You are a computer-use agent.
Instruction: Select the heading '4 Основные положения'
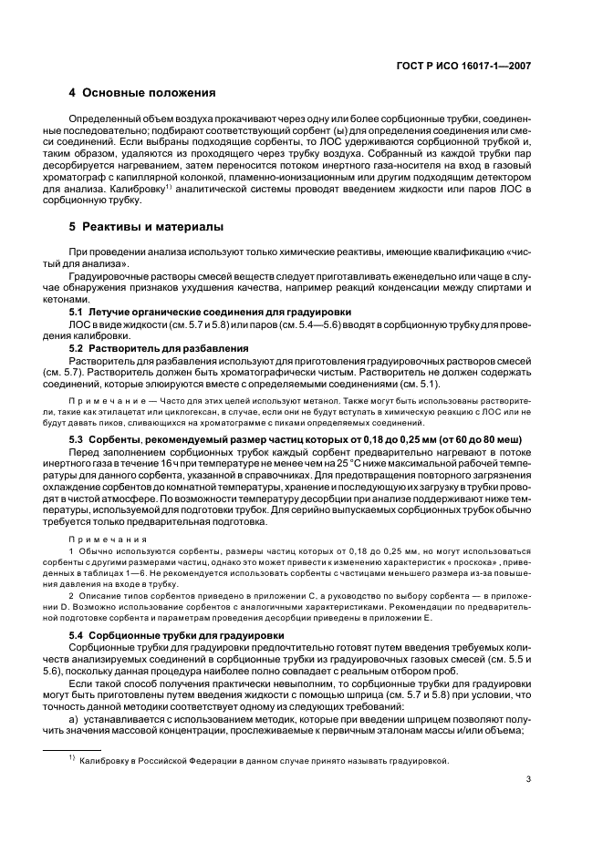142,93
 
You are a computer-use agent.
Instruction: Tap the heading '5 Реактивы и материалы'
148,226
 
